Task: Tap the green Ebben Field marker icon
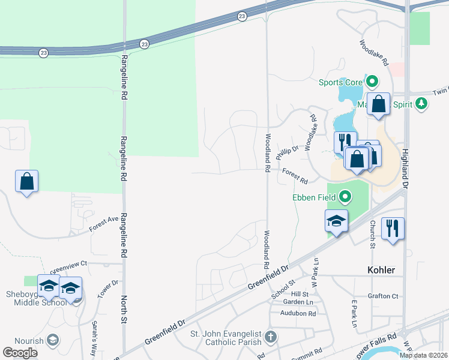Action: tap(345, 196)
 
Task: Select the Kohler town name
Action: tap(381, 270)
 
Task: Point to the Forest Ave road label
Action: tap(104, 223)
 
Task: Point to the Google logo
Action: tap(20, 353)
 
